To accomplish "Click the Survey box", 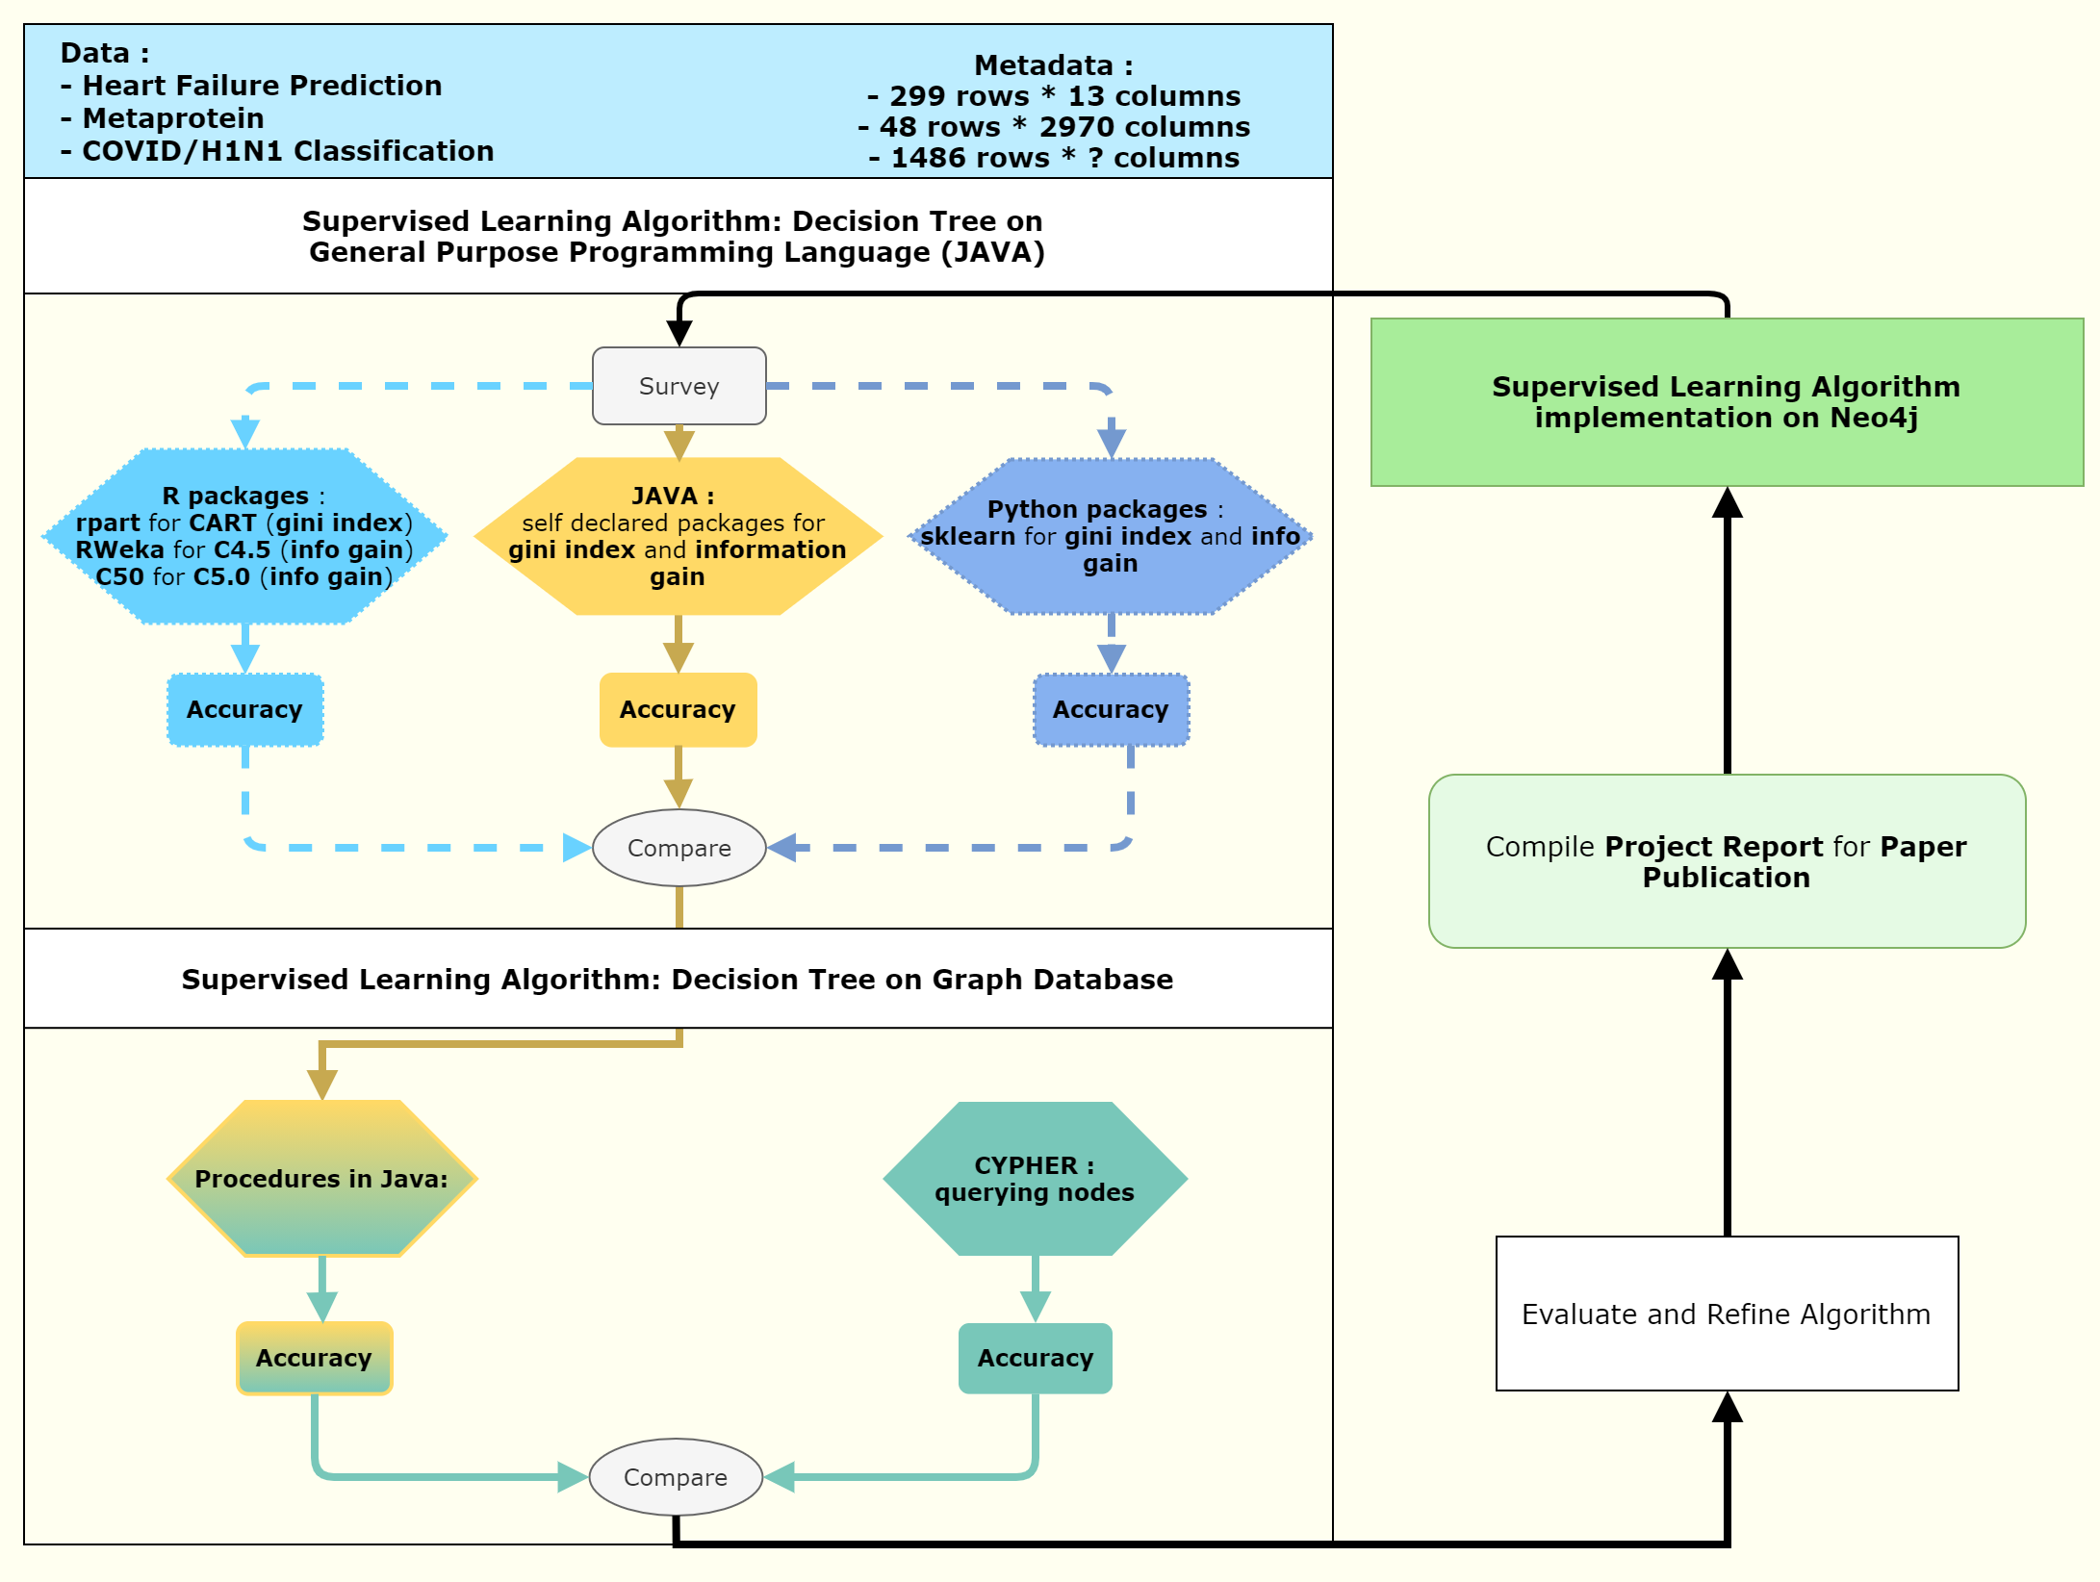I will click(679, 386).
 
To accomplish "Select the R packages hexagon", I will click(244, 536).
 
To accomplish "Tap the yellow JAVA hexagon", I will click(678, 536).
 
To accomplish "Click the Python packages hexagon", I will click(1111, 536).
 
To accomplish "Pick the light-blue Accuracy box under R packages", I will click(244, 709).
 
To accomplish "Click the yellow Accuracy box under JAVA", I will click(678, 709).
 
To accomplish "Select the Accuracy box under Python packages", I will click(1111, 709).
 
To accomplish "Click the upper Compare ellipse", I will click(679, 848).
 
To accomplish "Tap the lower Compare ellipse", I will click(676, 1477).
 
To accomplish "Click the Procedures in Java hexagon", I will click(321, 1179).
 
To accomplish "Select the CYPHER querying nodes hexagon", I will click(1035, 1179).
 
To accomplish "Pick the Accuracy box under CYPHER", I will click(1035, 1358).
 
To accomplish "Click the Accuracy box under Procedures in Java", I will click(314, 1358).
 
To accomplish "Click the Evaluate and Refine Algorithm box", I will click(1727, 1314).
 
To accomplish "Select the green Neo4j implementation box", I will click(1727, 402).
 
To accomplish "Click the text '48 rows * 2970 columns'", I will click(1054, 127).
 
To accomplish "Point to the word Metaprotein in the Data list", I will click(173, 118).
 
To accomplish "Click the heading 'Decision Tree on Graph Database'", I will click(678, 979).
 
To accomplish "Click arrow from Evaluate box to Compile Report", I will click(1728, 1097).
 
